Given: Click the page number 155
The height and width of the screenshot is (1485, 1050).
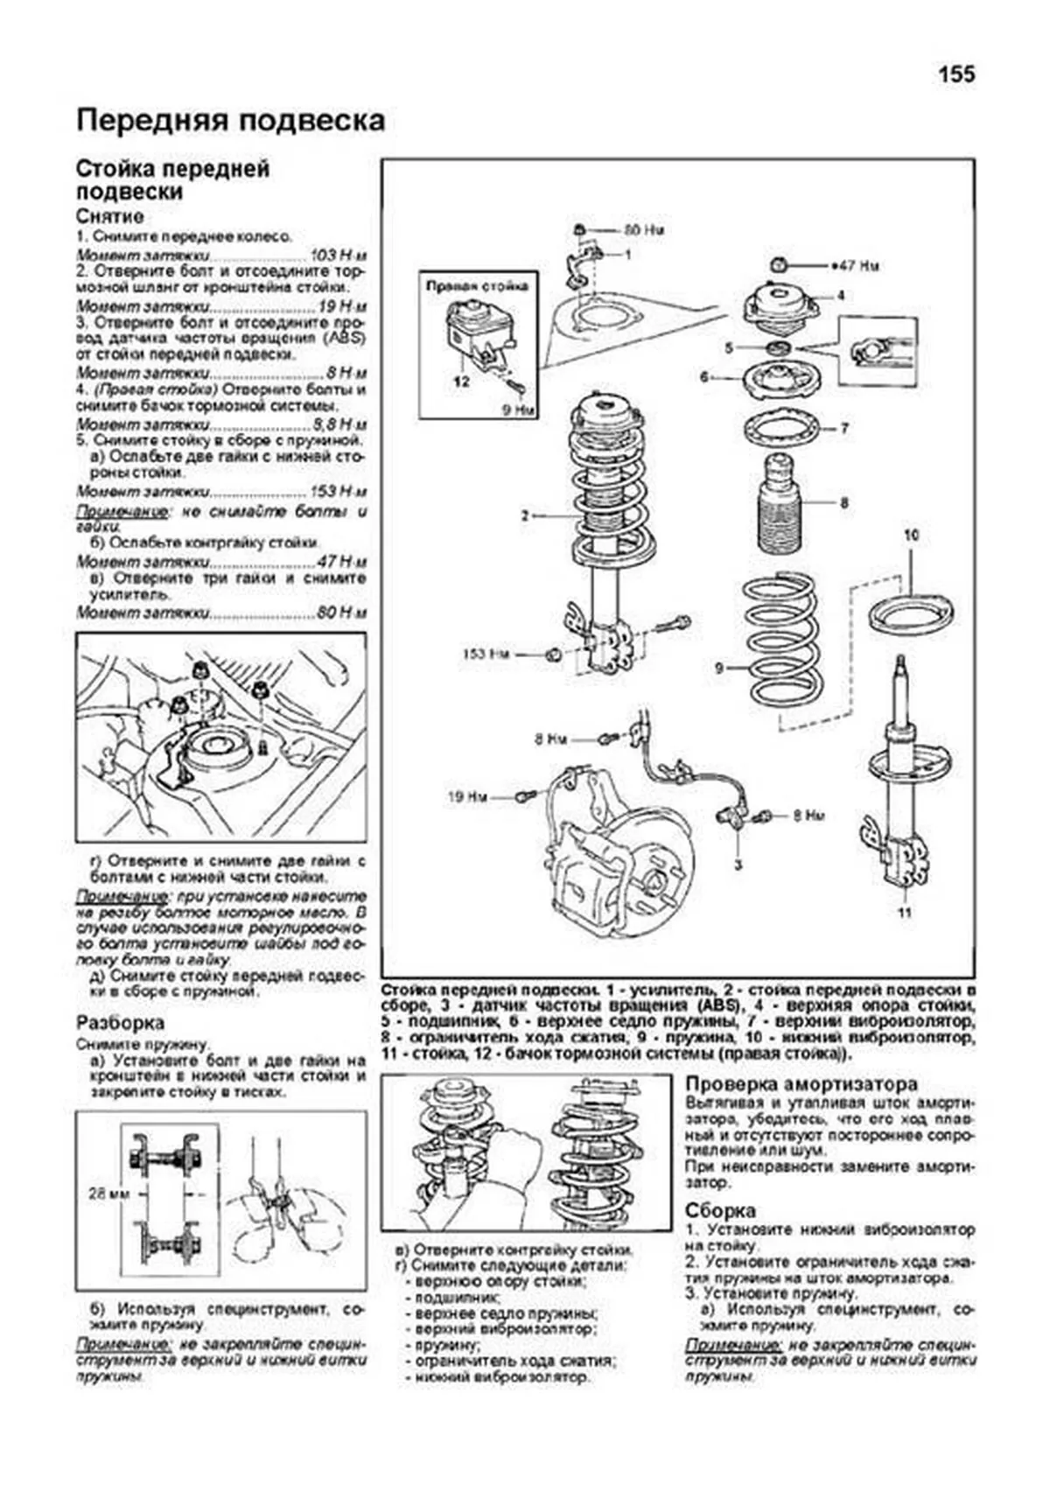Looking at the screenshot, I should click(x=955, y=75).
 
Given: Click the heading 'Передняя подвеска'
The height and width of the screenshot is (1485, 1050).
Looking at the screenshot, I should click(x=230, y=121).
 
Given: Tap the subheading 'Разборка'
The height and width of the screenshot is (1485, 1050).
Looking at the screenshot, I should click(x=120, y=1023).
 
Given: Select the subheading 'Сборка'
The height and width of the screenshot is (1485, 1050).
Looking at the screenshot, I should click(x=720, y=1211).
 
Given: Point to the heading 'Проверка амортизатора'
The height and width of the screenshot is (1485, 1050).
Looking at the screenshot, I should click(x=801, y=1084).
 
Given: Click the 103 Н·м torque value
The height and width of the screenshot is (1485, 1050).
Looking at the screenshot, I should click(x=338, y=256).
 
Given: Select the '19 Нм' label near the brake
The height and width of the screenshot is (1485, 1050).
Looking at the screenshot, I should click(x=466, y=797).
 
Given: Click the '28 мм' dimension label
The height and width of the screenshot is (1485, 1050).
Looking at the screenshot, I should click(x=107, y=1193).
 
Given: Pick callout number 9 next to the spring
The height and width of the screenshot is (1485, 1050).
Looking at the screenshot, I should click(x=719, y=669).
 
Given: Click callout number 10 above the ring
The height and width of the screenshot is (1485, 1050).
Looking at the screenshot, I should click(x=911, y=535).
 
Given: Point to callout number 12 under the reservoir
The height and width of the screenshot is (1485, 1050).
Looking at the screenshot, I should click(x=461, y=382).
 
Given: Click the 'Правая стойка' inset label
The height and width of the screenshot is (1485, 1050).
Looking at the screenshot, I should click(x=477, y=286).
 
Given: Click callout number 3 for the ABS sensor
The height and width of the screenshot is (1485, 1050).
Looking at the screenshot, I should click(x=738, y=865).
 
